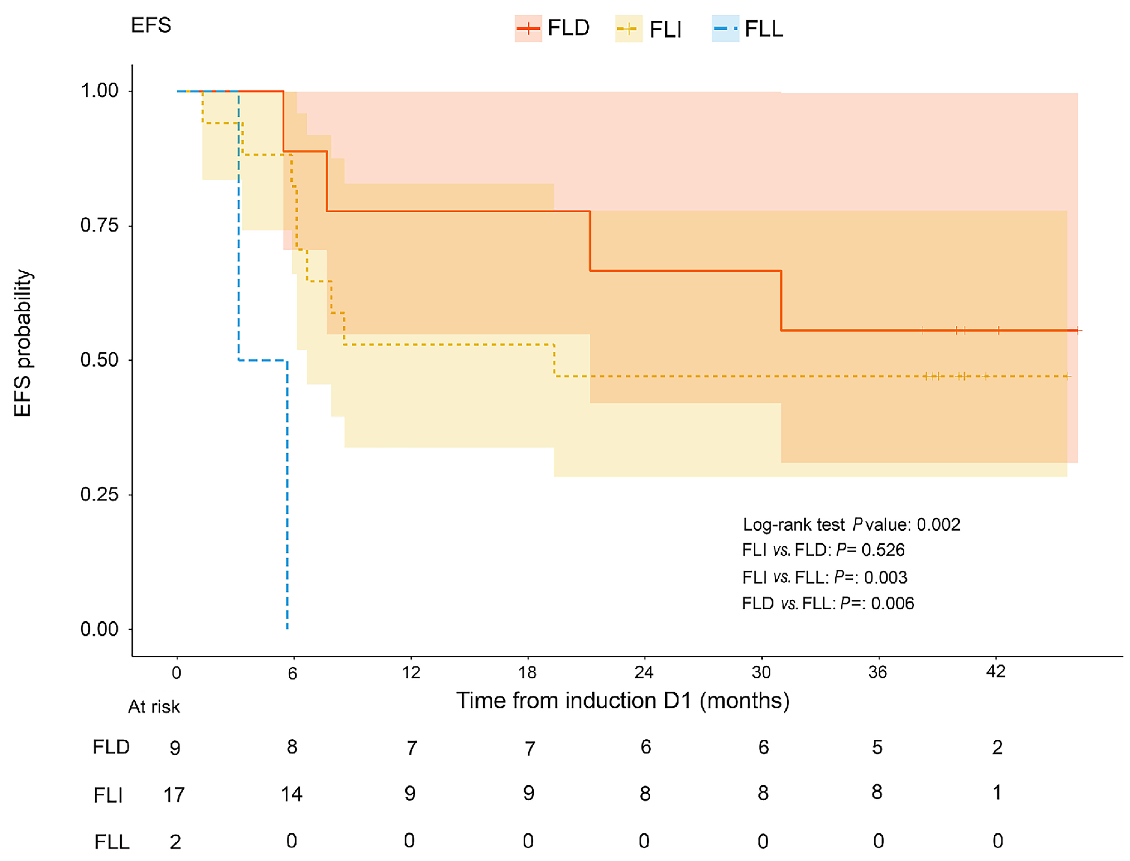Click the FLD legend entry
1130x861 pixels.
(553, 28)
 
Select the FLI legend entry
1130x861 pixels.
(649, 29)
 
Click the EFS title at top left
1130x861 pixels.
(151, 25)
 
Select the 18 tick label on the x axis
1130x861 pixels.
(528, 672)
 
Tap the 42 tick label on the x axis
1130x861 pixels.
(996, 671)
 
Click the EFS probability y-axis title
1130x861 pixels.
(23, 343)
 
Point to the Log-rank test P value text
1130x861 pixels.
(851, 524)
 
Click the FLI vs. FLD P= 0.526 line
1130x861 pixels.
(823, 550)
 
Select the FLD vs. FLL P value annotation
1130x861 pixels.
(827, 603)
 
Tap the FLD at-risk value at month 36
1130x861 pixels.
(877, 747)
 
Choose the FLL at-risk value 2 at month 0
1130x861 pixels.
(175, 842)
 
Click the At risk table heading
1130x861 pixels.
(154, 707)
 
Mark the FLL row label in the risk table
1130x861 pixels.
(112, 842)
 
